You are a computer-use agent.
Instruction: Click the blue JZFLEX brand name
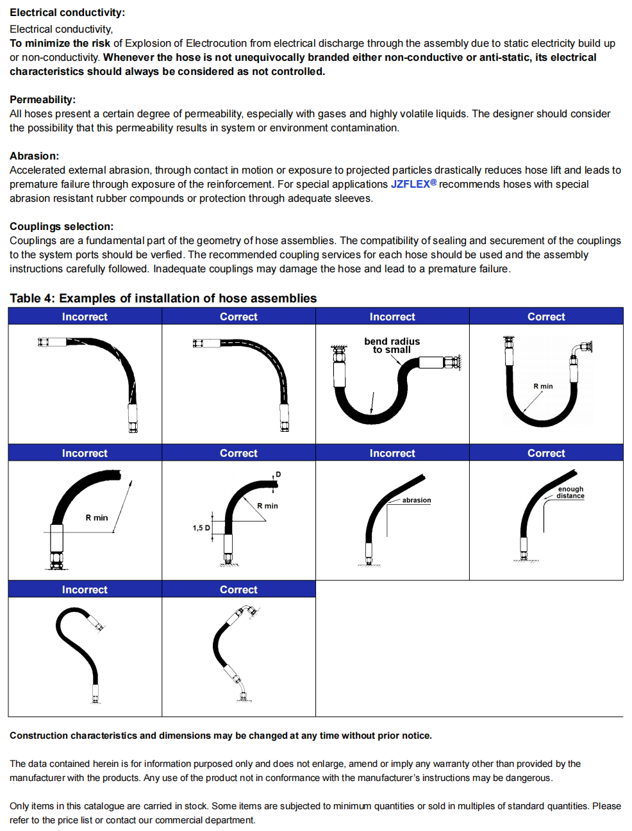pos(410,185)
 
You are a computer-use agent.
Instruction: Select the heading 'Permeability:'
pos(42,100)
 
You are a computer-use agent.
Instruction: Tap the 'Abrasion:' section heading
pos(34,156)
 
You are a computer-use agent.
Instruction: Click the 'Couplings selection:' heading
pos(62,227)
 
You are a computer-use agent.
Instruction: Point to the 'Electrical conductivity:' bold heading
pos(67,13)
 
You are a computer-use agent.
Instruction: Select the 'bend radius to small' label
pos(392,345)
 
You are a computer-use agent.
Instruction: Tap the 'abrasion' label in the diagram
pos(417,500)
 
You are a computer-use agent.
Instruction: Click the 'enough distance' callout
pos(570,492)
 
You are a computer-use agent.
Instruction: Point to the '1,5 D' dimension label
pos(201,528)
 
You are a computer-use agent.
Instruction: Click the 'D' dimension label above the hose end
pos(278,475)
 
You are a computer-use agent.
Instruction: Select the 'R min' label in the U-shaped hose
pos(543,386)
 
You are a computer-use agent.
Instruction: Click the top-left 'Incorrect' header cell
pos(85,317)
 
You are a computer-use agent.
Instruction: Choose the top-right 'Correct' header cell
pos(546,317)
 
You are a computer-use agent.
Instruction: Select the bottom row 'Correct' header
pos(238,589)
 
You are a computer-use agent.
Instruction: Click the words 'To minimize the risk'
pos(60,44)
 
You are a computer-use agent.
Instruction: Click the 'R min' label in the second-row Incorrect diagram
pos(97,518)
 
